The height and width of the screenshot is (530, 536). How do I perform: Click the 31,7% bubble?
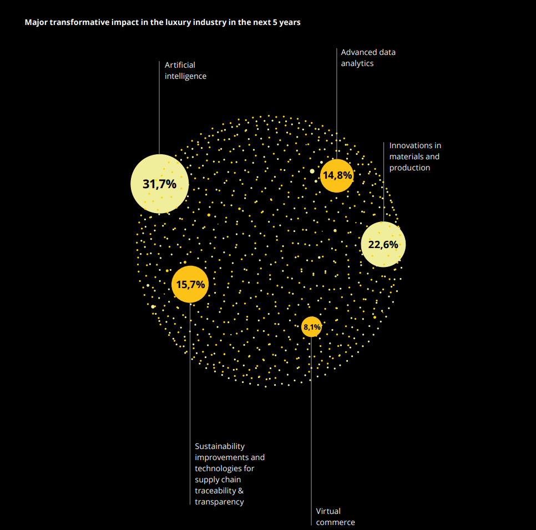coord(159,184)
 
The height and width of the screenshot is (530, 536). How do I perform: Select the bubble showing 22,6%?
coord(383,244)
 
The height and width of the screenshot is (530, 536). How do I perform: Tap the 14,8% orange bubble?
coord(337,175)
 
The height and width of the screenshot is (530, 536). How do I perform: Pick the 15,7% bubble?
coord(190,285)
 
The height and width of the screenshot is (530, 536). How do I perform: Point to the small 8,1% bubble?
coord(311,327)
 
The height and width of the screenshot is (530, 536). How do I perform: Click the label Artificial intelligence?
coord(185,70)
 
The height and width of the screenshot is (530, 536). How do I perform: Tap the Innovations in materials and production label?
coord(415,157)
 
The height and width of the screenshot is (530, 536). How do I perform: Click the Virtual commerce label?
coord(335,517)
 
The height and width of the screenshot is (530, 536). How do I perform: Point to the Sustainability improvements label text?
coord(230,474)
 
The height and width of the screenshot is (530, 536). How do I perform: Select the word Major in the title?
coord(36,23)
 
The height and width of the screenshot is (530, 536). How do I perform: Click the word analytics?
coord(357,63)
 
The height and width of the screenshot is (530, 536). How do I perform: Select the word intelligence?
coord(185,76)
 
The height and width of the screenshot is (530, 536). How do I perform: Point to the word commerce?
coord(335,522)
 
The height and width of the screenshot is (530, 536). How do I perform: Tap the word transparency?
coord(219,502)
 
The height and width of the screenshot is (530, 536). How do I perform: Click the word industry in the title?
coord(190,23)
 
